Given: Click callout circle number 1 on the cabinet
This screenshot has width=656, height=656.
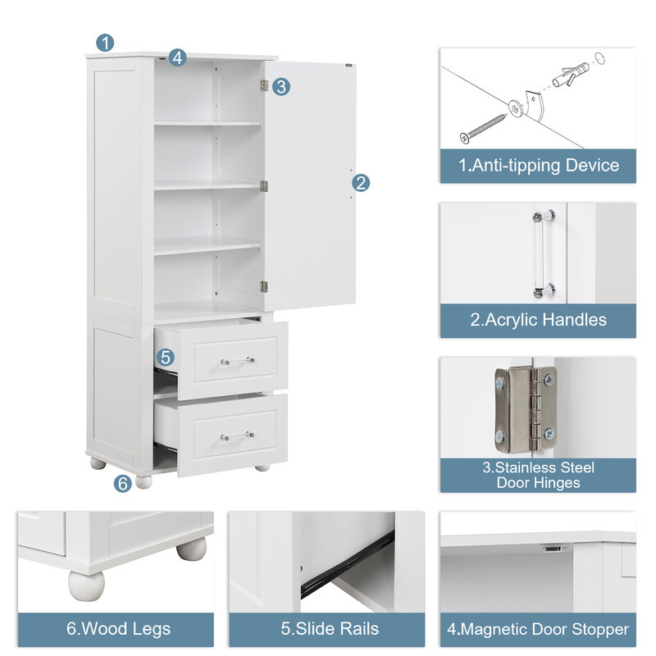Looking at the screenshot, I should coord(105,43).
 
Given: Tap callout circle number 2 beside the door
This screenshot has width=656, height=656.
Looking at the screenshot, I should coord(361,183).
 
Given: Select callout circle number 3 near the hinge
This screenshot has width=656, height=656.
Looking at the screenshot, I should coord(281,86).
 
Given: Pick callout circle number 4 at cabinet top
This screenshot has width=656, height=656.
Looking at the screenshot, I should coord(178,57).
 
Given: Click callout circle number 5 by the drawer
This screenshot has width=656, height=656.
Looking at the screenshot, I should coord(166,357).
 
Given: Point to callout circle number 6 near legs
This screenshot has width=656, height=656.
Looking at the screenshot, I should coord(122,483).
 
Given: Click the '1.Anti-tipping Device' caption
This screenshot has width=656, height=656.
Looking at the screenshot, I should coord(538,166).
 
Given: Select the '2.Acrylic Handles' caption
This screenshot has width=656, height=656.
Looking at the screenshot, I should coord(538,320).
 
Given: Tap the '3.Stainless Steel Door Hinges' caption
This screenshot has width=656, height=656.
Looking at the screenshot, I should coord(538,475).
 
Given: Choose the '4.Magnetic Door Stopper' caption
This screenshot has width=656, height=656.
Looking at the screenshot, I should coord(538,630).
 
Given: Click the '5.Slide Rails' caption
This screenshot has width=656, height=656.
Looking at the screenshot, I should coord(326,630).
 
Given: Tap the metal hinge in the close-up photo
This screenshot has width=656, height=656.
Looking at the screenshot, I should coord(525,408).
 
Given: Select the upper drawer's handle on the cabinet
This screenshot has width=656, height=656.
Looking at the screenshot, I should coord(237,360).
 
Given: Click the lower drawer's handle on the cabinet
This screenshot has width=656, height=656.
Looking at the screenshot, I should coord(237,435).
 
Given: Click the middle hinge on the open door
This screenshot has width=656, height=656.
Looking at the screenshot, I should coord(264,186).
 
